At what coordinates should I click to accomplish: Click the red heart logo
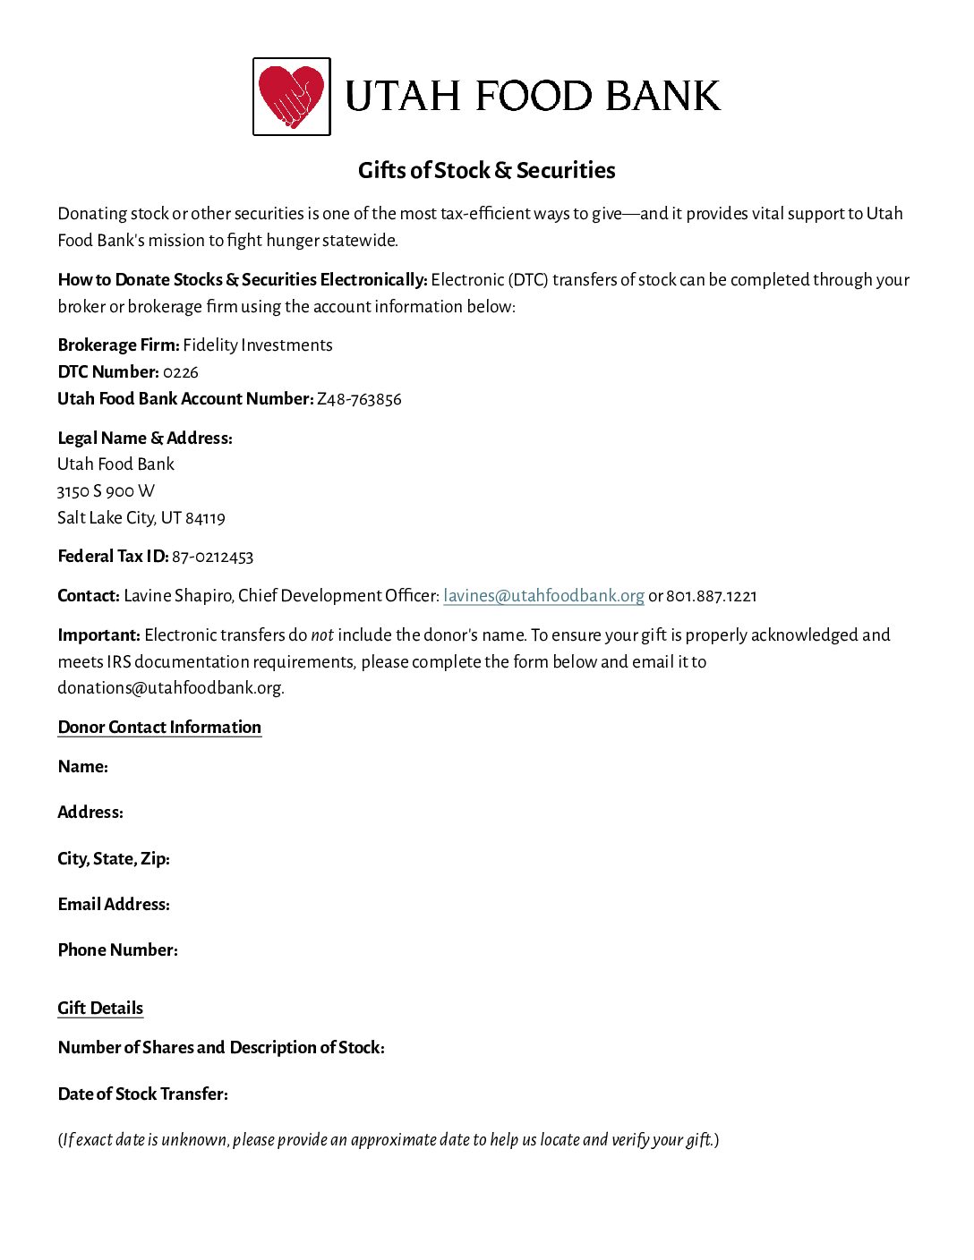point(291,96)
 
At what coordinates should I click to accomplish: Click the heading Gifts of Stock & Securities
point(486,170)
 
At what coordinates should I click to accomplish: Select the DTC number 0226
point(181,372)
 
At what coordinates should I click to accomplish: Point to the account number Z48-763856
point(359,399)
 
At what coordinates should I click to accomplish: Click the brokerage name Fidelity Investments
point(258,345)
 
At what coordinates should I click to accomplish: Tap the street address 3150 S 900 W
point(106,491)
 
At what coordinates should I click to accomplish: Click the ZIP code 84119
point(206,518)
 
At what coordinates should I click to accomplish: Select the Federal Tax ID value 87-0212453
point(212,557)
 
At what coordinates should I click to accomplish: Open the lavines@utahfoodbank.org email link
point(543,596)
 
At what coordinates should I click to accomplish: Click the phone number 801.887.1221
point(711,596)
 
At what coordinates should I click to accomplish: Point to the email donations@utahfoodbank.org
point(170,688)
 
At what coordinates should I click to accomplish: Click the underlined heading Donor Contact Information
point(159,727)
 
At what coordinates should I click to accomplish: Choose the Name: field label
point(82,767)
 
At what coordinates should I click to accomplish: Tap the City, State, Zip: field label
point(114,859)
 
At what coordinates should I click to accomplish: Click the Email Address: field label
point(114,905)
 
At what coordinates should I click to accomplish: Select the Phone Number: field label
point(117,950)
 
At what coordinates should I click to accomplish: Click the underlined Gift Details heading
point(100,1008)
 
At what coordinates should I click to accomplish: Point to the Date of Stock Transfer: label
point(142,1094)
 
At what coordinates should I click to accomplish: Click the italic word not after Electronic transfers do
point(322,635)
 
